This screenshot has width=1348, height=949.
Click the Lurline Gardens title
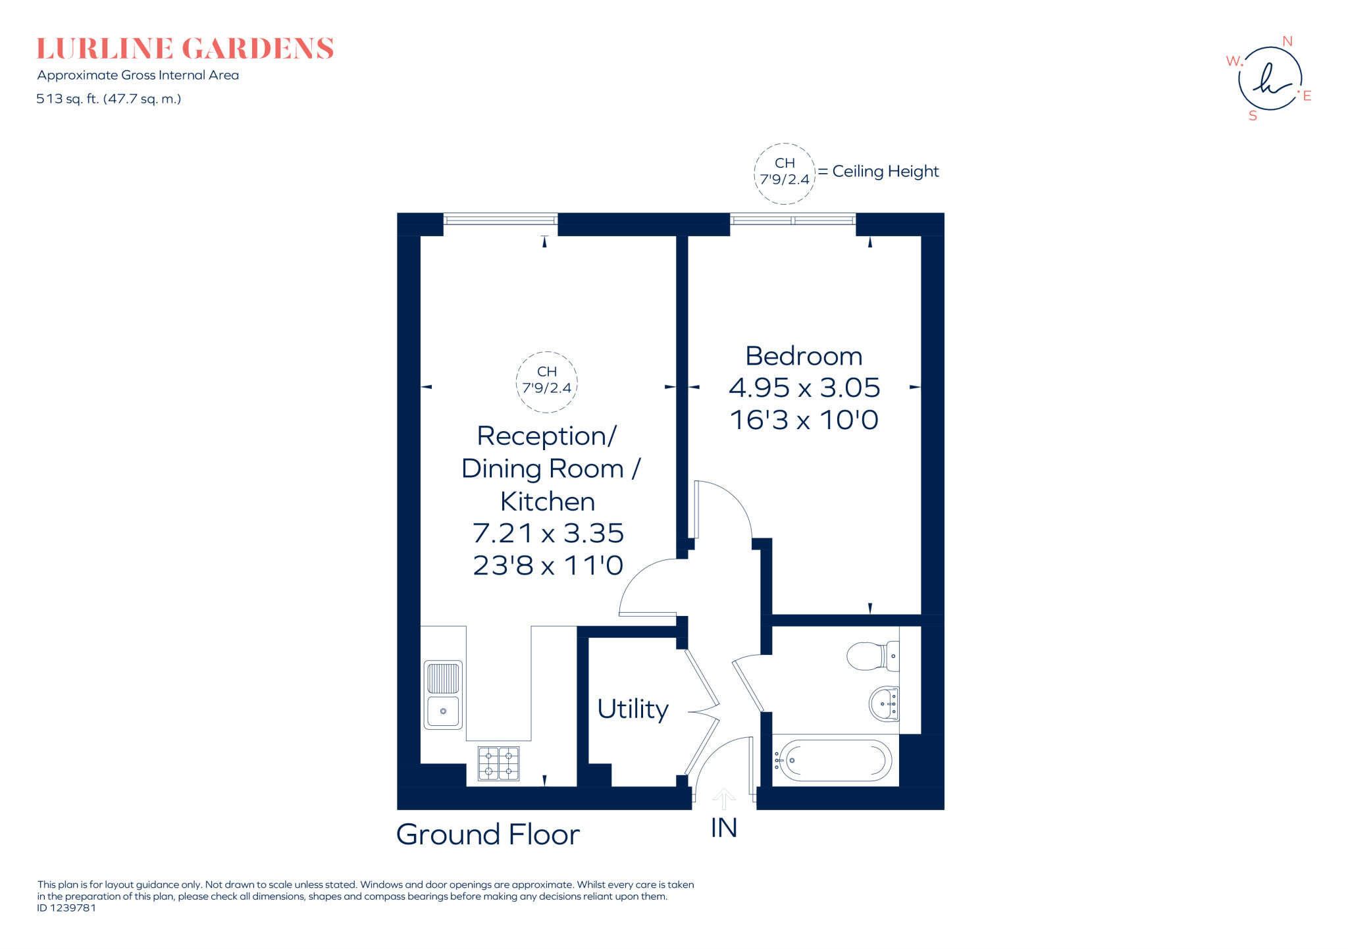point(185,49)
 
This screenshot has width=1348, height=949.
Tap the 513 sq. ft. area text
point(109,99)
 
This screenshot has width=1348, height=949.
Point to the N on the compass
point(1287,41)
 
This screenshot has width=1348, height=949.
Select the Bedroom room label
point(803,356)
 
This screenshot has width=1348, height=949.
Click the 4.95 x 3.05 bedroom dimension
point(804,388)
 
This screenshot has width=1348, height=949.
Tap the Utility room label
point(633,709)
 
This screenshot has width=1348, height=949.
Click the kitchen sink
point(443,694)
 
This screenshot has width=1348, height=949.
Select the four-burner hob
point(498,763)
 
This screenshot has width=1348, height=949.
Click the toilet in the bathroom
point(872,656)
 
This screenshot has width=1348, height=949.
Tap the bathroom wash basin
point(884,704)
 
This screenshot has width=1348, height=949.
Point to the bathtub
point(834,760)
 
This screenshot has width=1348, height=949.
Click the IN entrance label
point(723,828)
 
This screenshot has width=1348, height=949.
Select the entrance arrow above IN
point(723,798)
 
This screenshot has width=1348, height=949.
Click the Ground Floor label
point(488,834)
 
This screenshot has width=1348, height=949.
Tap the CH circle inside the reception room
point(546,382)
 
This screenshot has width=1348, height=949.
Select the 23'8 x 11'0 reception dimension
point(548,565)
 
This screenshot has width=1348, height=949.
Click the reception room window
point(500,219)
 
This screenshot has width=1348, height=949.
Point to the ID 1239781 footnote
point(66,908)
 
